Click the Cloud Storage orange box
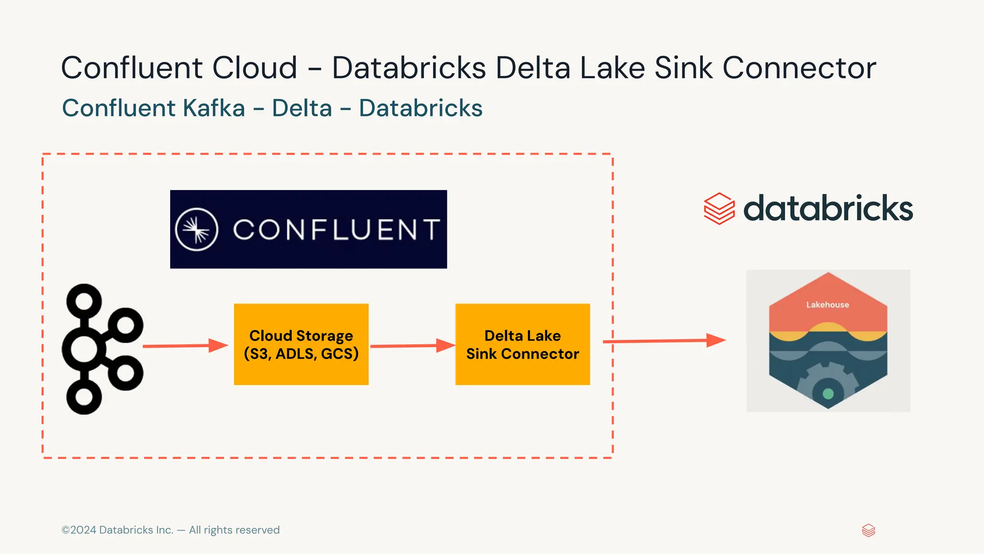(301, 371)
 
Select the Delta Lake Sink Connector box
(522, 371)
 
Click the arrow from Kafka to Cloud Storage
(185, 346)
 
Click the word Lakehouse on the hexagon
(827, 304)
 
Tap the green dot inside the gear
(828, 394)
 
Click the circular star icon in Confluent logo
(197, 229)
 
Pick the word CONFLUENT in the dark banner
(336, 229)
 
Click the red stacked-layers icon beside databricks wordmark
(719, 209)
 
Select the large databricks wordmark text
(828, 209)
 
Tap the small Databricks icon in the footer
(868, 530)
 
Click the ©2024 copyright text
(171, 530)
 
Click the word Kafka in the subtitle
(214, 108)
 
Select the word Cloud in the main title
(255, 68)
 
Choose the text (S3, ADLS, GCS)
(301, 354)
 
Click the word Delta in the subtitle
(302, 108)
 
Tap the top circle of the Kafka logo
(84, 301)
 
